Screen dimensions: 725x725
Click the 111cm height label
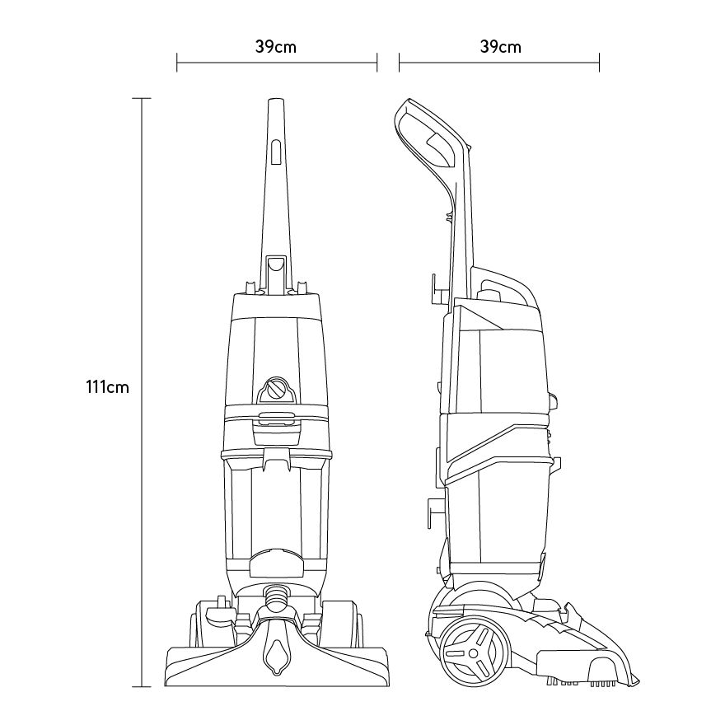[107, 386]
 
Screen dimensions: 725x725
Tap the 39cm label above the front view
[276, 47]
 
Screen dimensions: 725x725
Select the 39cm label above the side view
[501, 47]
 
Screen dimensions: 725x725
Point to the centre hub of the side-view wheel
[473, 652]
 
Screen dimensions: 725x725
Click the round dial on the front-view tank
[275, 388]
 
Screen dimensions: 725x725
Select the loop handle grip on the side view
[431, 134]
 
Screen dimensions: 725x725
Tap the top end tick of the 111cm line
[142, 99]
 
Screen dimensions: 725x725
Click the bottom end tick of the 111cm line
[142, 686]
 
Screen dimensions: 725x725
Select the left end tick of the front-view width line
[176, 63]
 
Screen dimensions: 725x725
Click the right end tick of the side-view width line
[599, 63]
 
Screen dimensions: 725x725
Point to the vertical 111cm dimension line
[142, 392]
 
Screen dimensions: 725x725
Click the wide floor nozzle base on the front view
[276, 666]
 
